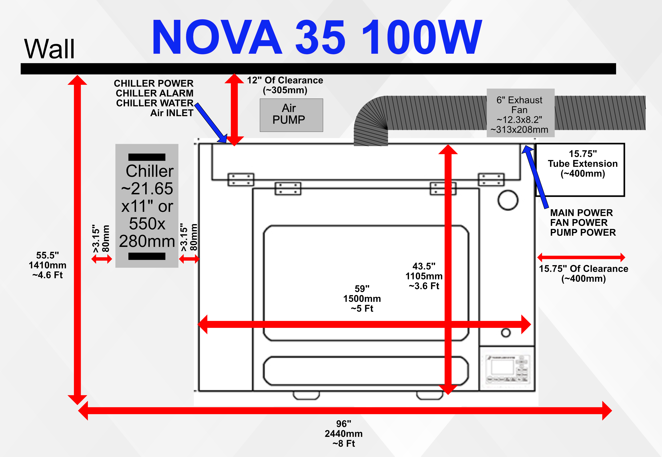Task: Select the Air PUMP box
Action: click(x=291, y=115)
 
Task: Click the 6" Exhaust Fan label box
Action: click(x=520, y=113)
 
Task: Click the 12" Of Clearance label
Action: click(x=285, y=85)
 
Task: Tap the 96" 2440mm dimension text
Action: click(x=344, y=433)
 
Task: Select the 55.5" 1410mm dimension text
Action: click(x=48, y=265)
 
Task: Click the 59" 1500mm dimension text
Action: click(x=362, y=298)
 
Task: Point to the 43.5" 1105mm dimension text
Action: click(x=424, y=276)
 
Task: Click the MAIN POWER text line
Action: click(x=581, y=213)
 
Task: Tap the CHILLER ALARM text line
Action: click(x=155, y=93)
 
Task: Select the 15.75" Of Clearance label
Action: click(x=584, y=273)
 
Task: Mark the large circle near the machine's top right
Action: click(x=508, y=200)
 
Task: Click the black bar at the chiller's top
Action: click(x=147, y=157)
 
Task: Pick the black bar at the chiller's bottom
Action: click(x=147, y=256)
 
